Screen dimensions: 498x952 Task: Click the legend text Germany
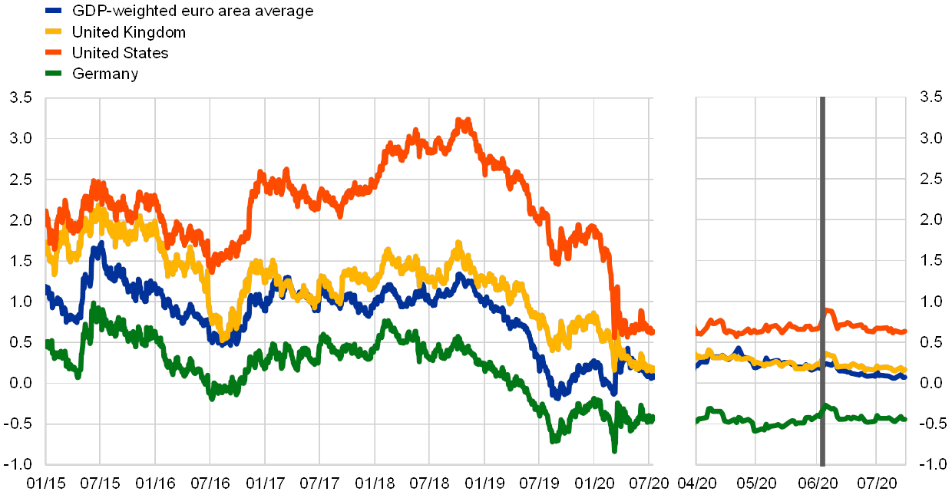pos(105,74)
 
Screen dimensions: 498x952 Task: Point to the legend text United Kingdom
pos(128,32)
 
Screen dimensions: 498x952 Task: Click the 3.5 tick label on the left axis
pos(21,97)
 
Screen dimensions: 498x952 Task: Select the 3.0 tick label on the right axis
pos(930,138)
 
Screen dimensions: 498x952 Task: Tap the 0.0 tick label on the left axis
pos(21,382)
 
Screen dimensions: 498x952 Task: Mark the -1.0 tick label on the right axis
pos(930,463)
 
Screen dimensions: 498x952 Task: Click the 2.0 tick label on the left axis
pos(21,219)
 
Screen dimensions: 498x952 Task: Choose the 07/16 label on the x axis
pos(209,483)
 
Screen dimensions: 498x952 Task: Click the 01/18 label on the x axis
pos(374,483)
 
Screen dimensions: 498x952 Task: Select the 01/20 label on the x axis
pos(596,483)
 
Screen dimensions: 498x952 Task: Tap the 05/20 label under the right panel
pos(756,483)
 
